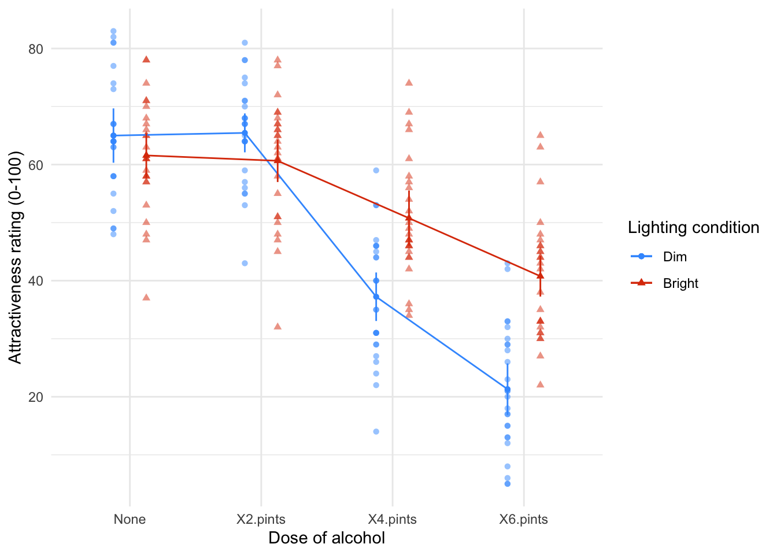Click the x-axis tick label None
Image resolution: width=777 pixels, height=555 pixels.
129,519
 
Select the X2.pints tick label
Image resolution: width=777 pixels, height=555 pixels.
261,519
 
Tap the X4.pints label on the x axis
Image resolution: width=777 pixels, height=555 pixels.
393,519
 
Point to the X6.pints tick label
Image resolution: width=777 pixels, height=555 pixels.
524,519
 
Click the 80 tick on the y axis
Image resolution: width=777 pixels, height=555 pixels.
36,49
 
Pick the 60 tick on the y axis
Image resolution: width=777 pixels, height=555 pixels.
36,165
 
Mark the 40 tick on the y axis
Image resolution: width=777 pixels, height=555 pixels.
36,281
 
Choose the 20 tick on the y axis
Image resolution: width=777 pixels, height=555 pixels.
36,397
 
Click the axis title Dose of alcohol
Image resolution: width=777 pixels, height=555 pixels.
327,538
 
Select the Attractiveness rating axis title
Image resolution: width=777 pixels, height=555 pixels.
15,257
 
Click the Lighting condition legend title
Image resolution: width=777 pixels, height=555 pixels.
693,228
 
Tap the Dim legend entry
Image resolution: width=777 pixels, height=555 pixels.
675,257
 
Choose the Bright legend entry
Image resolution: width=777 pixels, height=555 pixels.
680,283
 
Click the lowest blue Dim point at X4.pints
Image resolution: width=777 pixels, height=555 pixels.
376,431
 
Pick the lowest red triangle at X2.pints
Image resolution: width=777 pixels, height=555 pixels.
277,326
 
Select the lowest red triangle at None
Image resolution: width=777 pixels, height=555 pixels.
146,297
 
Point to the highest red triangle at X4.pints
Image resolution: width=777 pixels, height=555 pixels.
409,82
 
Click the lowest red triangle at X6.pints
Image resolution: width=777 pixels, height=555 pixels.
540,384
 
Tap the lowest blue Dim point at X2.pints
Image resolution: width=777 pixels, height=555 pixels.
245,263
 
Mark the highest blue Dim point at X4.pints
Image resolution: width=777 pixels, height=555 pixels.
376,170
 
